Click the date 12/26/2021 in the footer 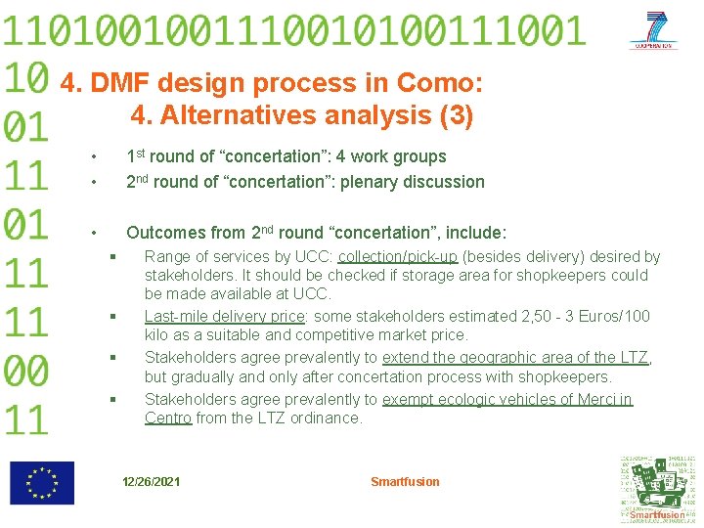151,482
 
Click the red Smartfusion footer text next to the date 405,482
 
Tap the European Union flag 41,483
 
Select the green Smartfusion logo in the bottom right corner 657,489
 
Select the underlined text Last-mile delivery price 225,317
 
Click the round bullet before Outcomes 92,234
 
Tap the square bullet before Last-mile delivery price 113,317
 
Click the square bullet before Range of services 113,257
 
